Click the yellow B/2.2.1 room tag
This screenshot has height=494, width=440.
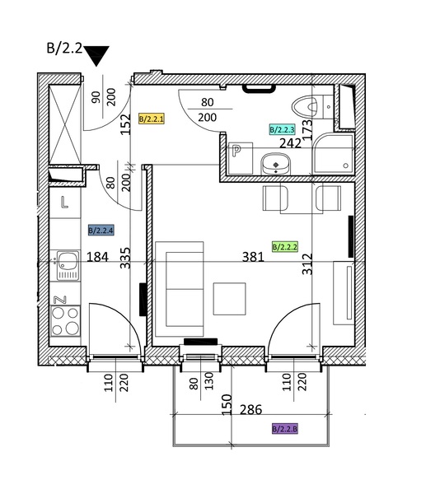coord(152,119)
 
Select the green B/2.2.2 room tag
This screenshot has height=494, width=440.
coord(285,247)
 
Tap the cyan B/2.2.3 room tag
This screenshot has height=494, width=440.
coord(282,129)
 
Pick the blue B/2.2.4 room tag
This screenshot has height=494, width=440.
coord(101,231)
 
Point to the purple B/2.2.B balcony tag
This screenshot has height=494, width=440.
coord(285,429)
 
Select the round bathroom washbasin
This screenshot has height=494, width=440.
coord(276,164)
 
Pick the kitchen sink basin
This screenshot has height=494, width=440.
coord(68,265)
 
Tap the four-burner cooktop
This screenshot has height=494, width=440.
coord(65,321)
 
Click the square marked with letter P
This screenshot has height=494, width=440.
coord(241,158)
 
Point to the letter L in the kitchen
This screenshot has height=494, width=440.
coord(64,203)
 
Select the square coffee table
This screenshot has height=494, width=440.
coord(229,299)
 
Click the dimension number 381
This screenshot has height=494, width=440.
coord(253,257)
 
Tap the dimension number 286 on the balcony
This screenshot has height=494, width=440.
coord(250,409)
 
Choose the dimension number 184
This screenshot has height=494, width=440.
coord(97,257)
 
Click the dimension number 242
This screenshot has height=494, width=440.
coord(291,143)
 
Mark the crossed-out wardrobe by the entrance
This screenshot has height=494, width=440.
coord(64,124)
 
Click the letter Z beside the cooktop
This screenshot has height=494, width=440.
coord(60,300)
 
